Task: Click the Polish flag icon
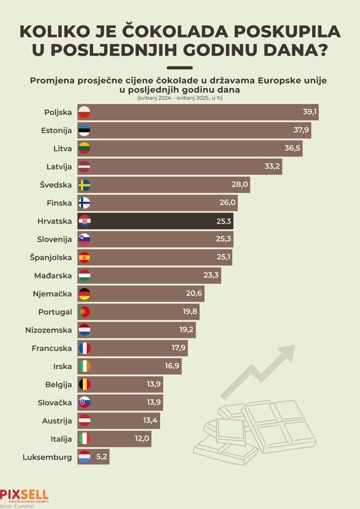tap(84, 112)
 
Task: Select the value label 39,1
tap(310, 112)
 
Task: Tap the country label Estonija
tap(57, 130)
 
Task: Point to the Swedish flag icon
tap(84, 185)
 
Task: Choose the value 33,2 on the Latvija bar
tap(273, 167)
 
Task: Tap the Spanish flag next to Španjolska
tap(84, 257)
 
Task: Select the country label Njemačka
tap(53, 293)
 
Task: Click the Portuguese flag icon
tap(84, 312)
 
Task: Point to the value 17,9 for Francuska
tap(178, 348)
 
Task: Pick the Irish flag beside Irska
tap(84, 366)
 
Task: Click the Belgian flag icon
tap(84, 384)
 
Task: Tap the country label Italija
tap(60, 438)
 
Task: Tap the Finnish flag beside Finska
tap(84, 203)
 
